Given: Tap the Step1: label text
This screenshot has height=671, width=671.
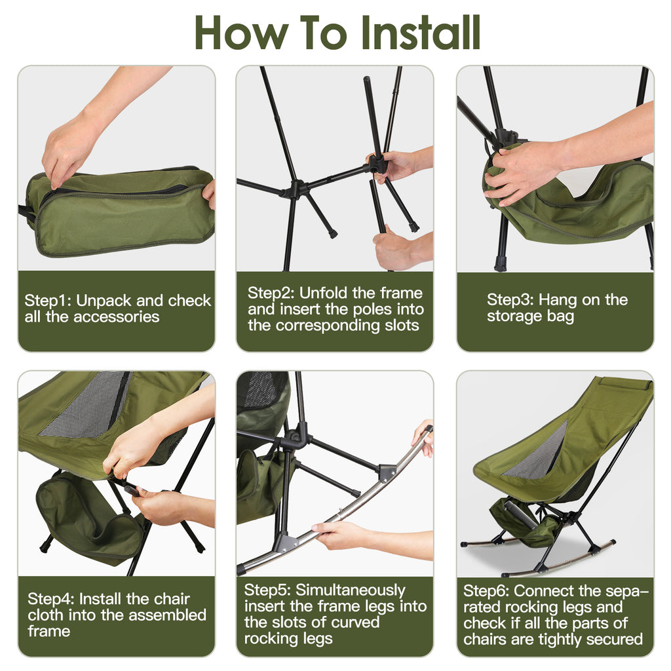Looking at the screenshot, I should [x=48, y=301].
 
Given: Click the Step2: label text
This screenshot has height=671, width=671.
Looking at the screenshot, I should [x=271, y=293].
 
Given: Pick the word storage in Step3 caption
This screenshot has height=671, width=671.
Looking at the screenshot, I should [x=513, y=316].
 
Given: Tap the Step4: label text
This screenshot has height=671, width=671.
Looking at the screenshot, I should [x=51, y=599].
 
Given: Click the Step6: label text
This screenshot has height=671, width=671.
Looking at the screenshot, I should [x=487, y=590].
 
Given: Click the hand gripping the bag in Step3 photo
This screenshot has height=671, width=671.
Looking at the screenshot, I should [x=521, y=172].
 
